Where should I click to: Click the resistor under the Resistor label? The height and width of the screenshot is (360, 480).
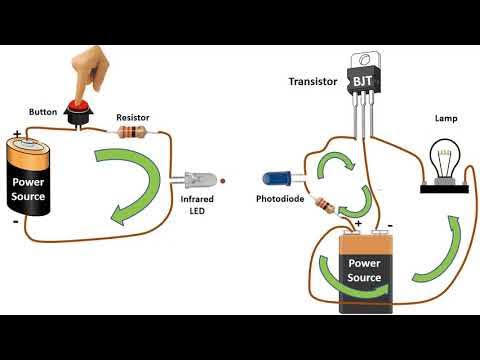click(133, 132)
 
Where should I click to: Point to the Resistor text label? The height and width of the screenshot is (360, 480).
click(134, 116)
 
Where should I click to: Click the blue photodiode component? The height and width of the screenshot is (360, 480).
click(274, 178)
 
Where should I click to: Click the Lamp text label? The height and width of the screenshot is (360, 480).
click(446, 118)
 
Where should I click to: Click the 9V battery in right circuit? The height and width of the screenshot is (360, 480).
click(366, 268)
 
